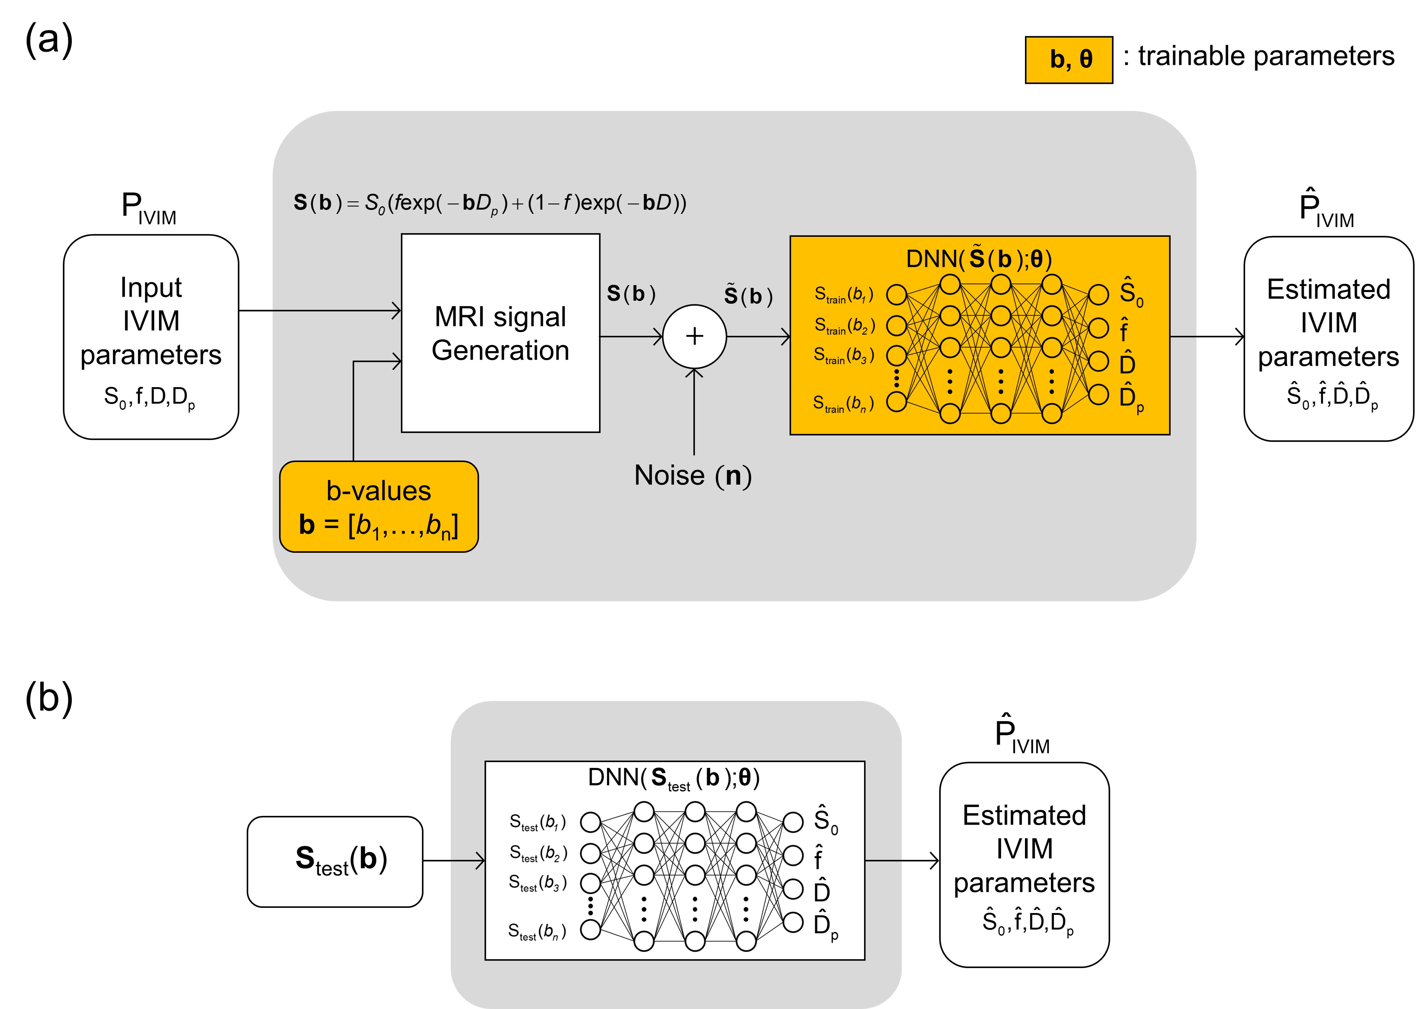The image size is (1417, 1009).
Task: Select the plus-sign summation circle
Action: tap(694, 336)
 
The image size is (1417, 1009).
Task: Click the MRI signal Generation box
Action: tap(500, 333)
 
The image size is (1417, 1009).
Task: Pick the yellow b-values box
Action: tap(379, 506)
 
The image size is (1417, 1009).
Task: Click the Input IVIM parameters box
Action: tap(151, 337)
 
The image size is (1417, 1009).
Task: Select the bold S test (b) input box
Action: tap(335, 861)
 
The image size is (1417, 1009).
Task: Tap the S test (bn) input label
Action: tap(537, 931)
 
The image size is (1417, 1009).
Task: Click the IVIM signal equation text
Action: tap(490, 203)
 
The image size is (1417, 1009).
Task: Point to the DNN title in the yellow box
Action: tap(979, 258)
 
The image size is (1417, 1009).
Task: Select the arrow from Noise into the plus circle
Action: tap(694, 410)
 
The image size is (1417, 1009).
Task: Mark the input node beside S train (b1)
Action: tap(896, 295)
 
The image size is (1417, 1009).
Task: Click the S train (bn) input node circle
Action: tap(896, 401)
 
